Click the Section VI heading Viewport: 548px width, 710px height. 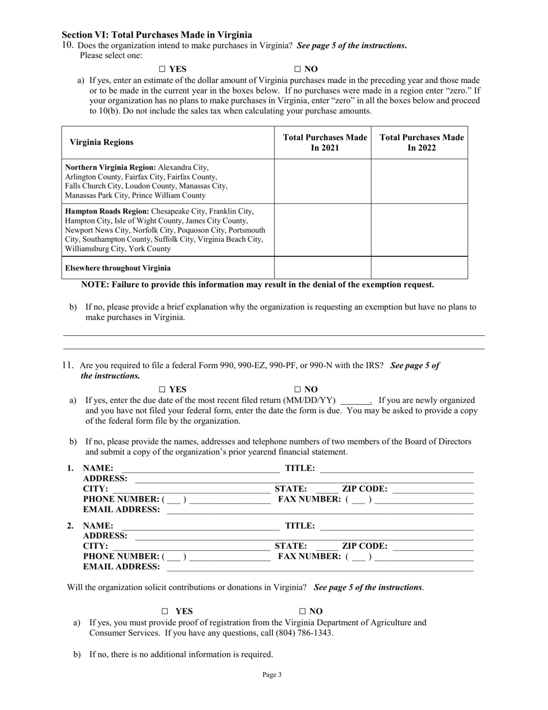pyautogui.click(x=157, y=35)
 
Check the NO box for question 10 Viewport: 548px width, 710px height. pyautogui.click(x=298, y=69)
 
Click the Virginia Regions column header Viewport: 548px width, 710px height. pyautogui.click(x=102, y=143)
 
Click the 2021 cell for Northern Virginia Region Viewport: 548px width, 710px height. pyautogui.click(x=322, y=181)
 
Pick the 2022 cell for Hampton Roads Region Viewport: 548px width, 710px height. pyautogui.click(x=419, y=230)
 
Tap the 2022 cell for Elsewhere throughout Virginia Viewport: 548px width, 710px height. pyautogui.click(x=419, y=268)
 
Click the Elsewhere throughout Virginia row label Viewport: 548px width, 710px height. pyautogui.click(x=118, y=268)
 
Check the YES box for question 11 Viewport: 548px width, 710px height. pyautogui.click(x=163, y=390)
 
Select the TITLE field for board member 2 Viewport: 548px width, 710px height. pyautogui.click(x=396, y=526)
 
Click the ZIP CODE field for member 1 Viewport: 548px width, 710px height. pyautogui.click(x=433, y=489)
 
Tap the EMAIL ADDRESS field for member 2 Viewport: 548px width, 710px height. pyautogui.click(x=320, y=567)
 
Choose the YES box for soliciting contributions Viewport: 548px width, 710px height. pyautogui.click(x=165, y=611)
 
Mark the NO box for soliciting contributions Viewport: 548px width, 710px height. pyautogui.click(x=302, y=611)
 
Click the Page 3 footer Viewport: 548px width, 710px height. pyautogui.click(x=272, y=674)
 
